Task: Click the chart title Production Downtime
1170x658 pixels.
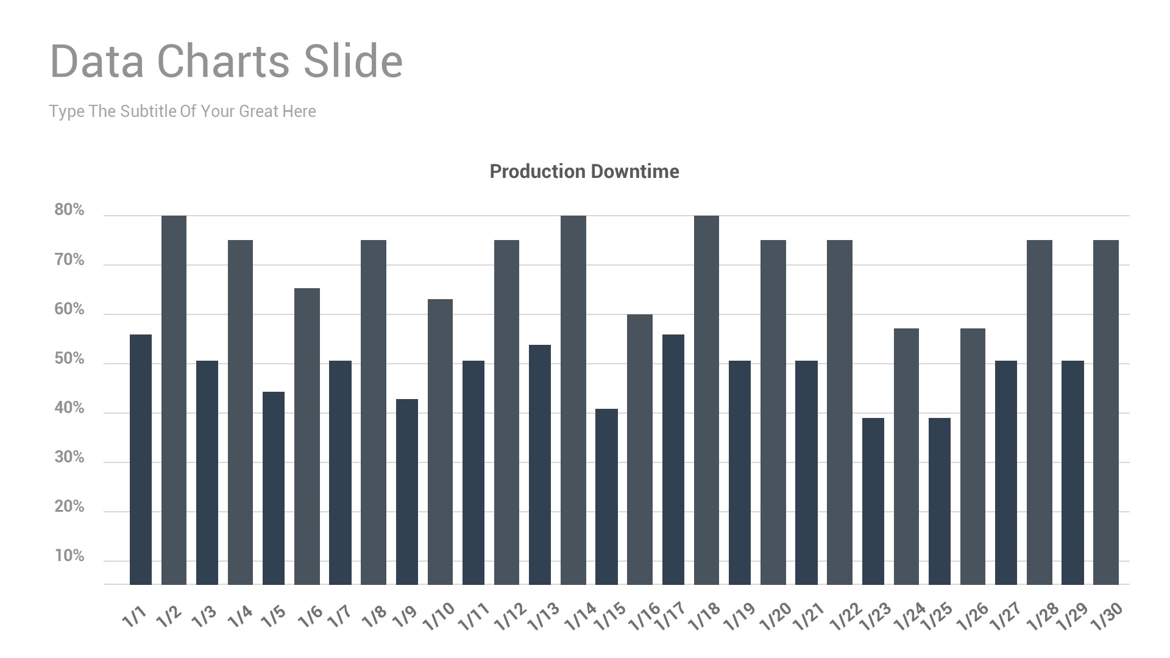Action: pos(584,171)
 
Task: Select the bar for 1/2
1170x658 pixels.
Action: pos(174,400)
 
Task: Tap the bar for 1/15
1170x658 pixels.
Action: pos(606,497)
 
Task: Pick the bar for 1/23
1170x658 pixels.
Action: pos(873,501)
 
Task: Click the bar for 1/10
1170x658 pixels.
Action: pos(440,442)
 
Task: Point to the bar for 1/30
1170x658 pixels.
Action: pos(1105,412)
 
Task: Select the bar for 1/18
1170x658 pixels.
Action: pos(706,400)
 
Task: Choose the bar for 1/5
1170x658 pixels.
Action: pos(274,488)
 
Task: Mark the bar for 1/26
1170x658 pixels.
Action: pos(973,456)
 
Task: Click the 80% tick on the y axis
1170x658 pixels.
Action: pos(69,210)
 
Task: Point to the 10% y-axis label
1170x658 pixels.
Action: pos(69,556)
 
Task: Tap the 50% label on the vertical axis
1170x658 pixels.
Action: pos(69,359)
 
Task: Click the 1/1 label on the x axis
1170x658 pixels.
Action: pos(135,617)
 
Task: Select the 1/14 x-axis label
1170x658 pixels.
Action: pos(580,617)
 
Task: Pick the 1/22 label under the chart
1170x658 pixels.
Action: pos(846,617)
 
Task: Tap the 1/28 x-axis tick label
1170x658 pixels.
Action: pos(1043,617)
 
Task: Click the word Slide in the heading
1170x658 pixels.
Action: pos(353,62)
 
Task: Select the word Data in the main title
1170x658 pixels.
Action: pos(97,62)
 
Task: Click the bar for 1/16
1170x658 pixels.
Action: pos(639,450)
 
